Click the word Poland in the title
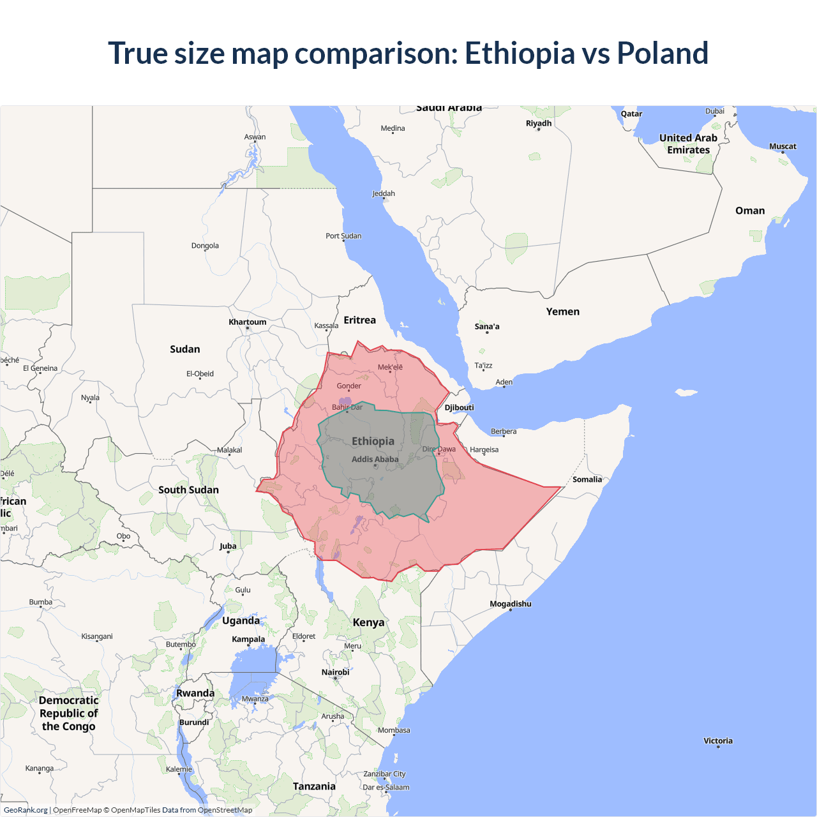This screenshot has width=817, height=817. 662,53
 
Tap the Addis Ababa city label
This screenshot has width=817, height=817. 375,459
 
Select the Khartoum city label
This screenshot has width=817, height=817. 248,322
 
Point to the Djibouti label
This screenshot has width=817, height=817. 459,407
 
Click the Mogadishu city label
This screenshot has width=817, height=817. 510,604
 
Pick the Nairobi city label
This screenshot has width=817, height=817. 335,672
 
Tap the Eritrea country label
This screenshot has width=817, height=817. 359,320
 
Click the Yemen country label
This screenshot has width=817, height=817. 562,311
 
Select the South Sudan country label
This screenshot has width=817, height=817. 188,490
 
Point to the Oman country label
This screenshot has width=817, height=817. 749,211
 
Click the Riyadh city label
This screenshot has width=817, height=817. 538,123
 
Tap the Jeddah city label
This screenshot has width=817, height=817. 383,193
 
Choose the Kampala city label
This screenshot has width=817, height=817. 248,639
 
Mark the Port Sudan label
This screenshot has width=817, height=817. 343,236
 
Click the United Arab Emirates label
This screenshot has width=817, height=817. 688,144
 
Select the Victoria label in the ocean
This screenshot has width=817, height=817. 717,740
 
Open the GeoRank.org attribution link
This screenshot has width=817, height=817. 26,810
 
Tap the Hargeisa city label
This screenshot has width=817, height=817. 484,449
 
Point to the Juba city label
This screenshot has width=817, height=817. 228,546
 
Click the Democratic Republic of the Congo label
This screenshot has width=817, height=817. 68,713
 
